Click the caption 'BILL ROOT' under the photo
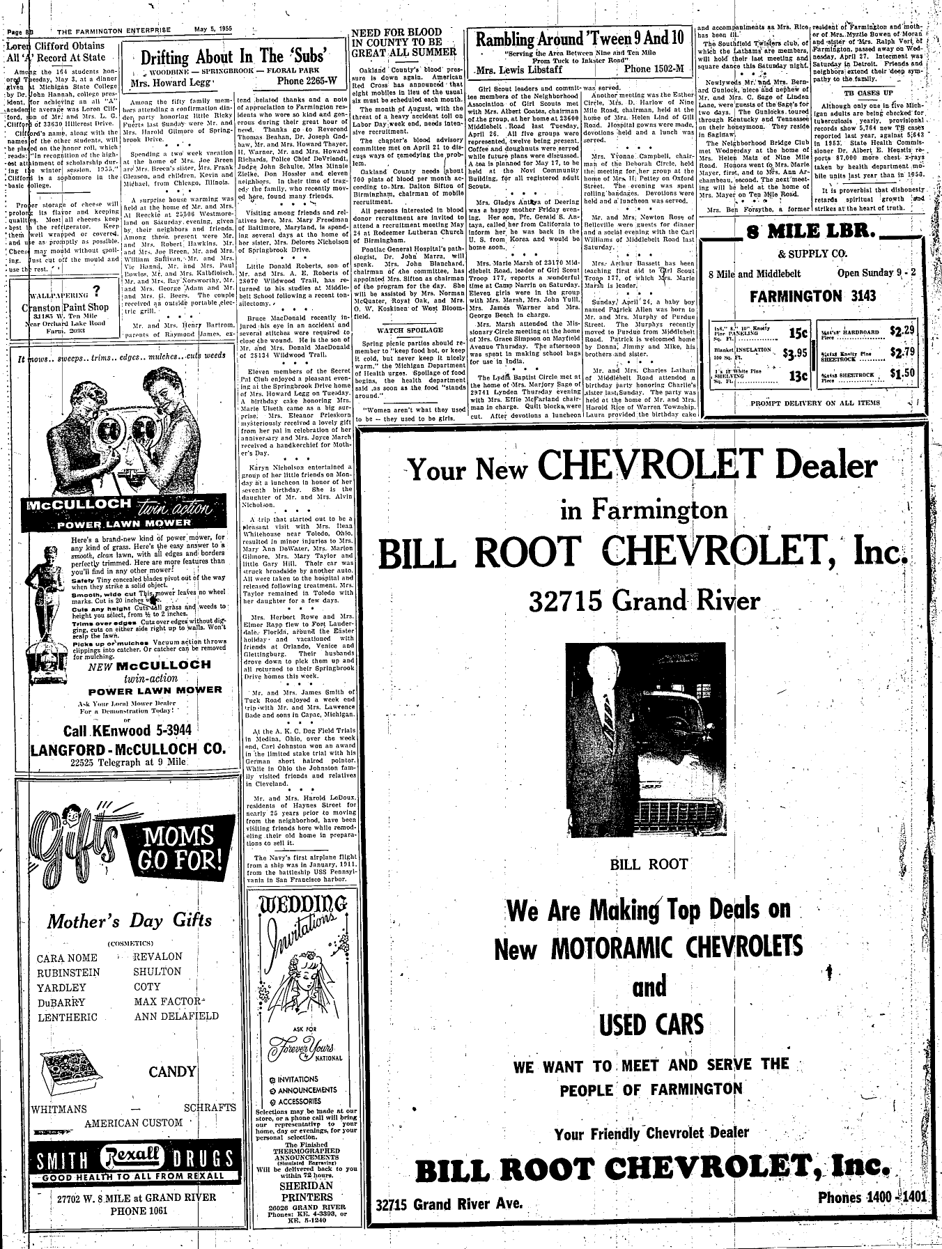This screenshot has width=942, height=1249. coord(649,864)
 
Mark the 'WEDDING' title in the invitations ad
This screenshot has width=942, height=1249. coord(302,906)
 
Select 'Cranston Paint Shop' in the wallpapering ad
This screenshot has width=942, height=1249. coord(65,307)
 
